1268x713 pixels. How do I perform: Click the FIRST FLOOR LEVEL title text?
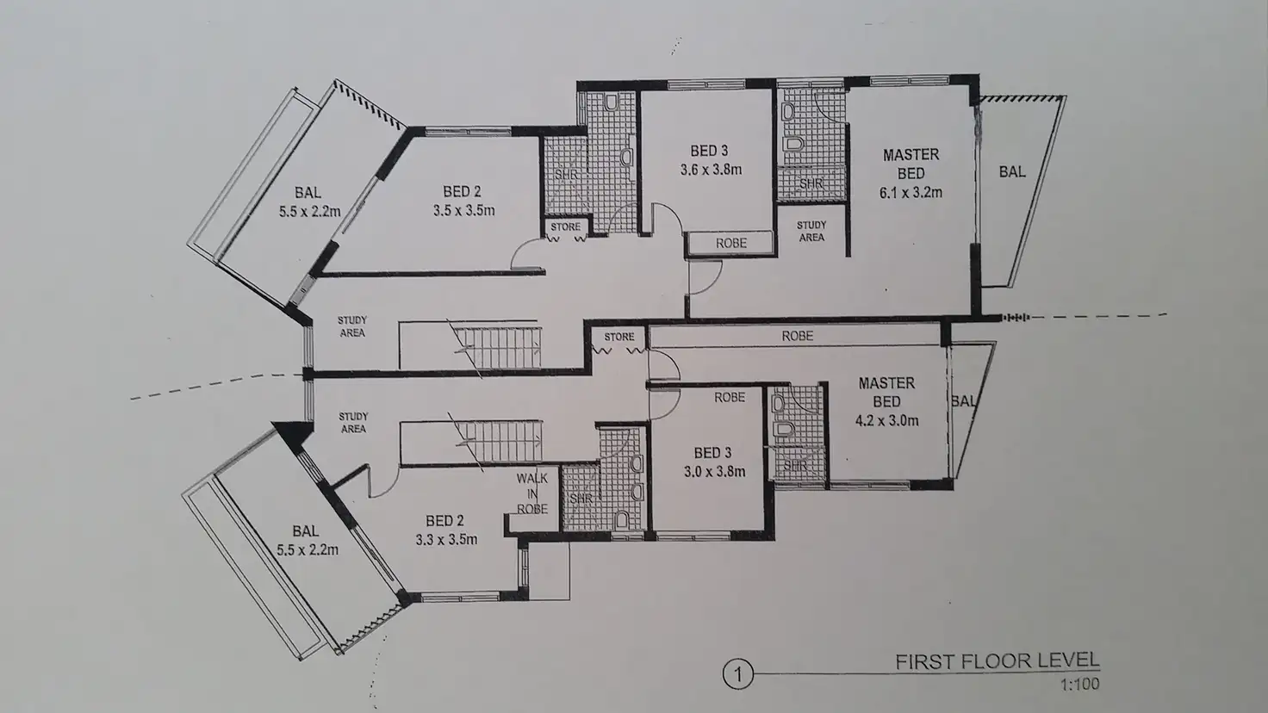[997, 661]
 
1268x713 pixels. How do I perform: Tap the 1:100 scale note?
[1080, 685]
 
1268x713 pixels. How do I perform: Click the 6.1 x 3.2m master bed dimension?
[911, 193]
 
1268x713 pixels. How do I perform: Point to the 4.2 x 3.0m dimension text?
[886, 421]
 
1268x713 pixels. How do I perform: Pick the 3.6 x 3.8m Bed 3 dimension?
[710, 170]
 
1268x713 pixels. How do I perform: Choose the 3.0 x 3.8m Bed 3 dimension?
[713, 471]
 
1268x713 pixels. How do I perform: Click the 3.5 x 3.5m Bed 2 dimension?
[463, 210]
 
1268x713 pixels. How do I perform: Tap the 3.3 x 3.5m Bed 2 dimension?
[446, 540]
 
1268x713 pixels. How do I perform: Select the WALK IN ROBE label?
[532, 493]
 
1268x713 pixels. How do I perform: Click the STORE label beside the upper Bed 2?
[565, 227]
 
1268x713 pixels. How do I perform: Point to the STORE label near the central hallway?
[619, 337]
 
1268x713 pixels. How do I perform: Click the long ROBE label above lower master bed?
[797, 336]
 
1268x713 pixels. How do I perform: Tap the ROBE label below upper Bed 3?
[730, 244]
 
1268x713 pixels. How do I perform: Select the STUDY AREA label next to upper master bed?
[811, 231]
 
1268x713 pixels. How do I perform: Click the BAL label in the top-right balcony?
[1012, 172]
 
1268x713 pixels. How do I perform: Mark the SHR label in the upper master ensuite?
[811, 183]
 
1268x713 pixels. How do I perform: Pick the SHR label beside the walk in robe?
[581, 499]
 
